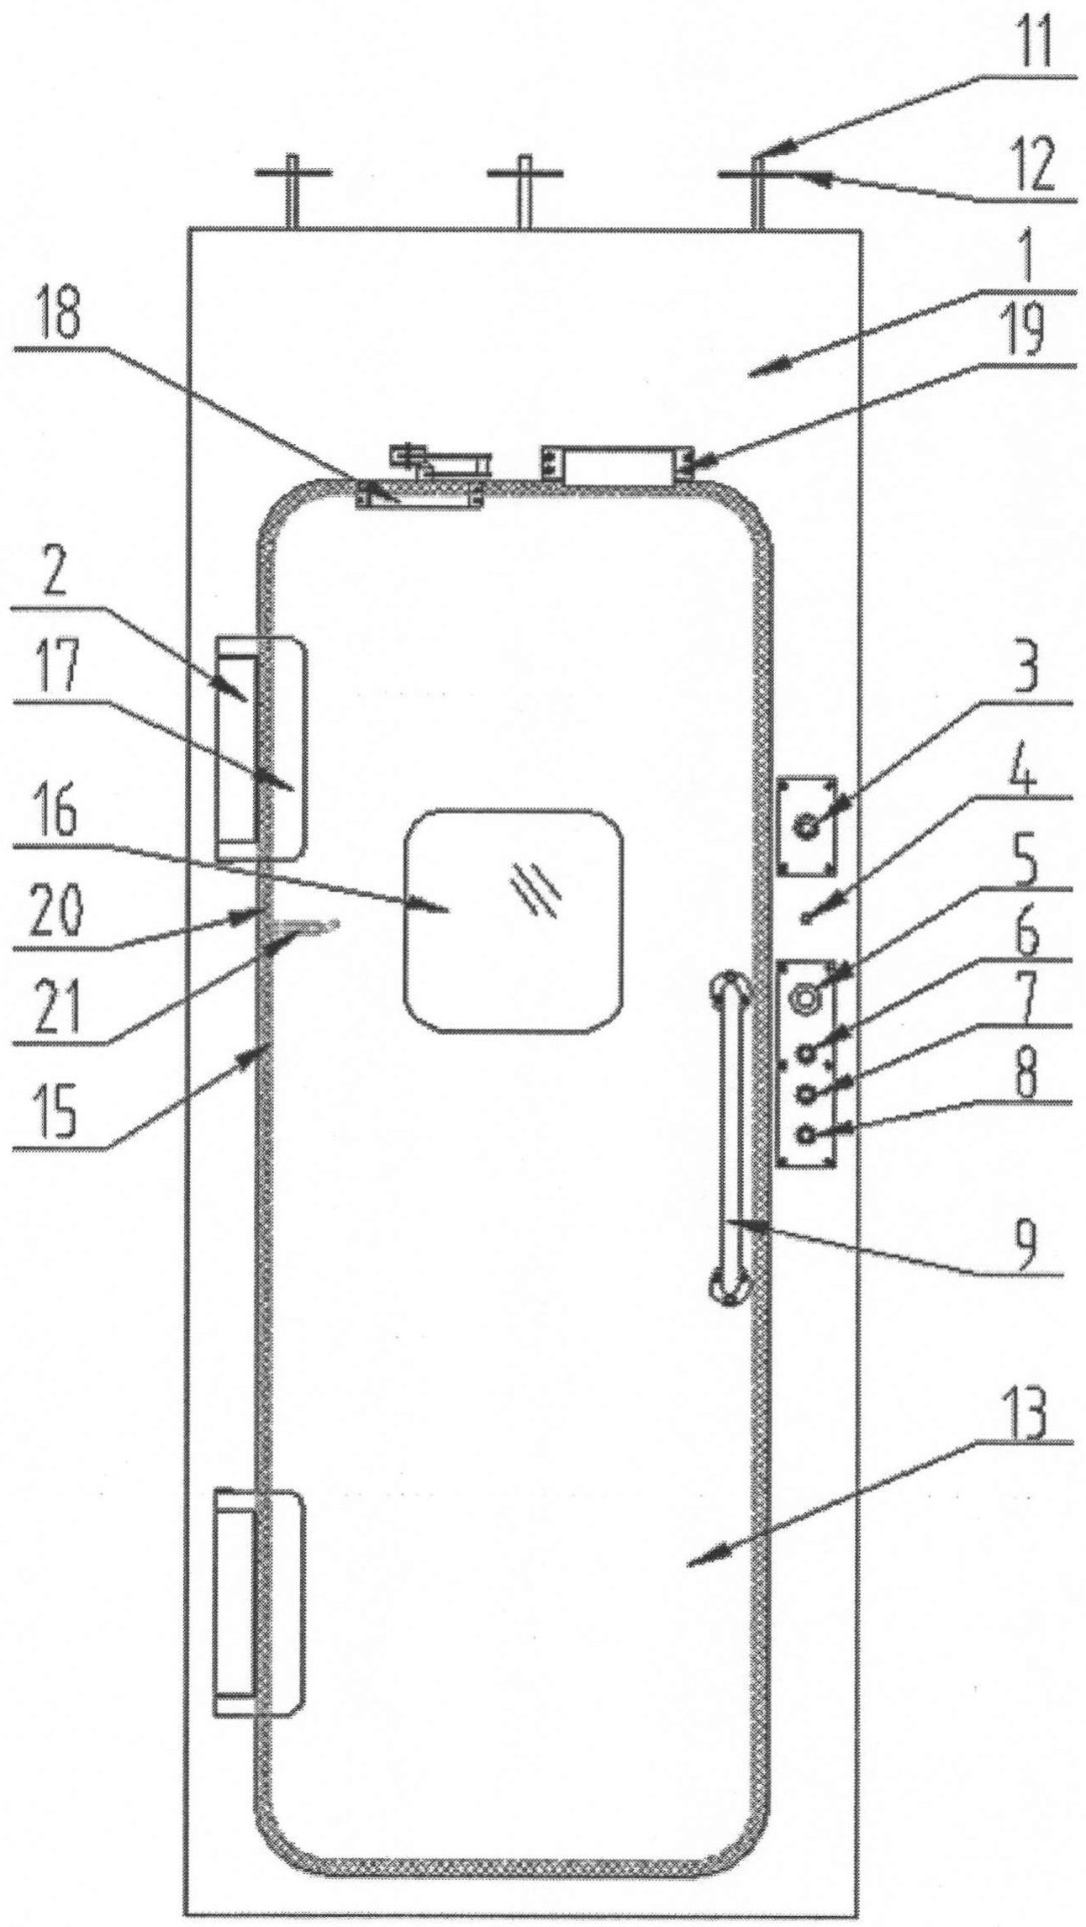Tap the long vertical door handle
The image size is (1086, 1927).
pos(730,1139)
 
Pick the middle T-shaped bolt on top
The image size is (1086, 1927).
pos(525,192)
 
